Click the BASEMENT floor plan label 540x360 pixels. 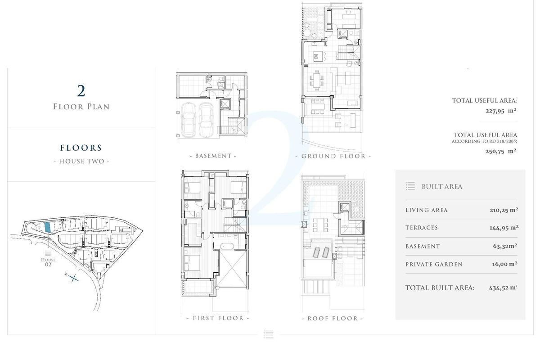213,156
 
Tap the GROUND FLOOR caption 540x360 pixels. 333,156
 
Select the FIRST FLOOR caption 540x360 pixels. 218,318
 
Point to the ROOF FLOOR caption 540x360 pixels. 333,318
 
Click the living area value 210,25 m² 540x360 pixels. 504,210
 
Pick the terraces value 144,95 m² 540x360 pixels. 504,228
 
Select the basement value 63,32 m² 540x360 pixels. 505,246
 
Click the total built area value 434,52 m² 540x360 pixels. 503,288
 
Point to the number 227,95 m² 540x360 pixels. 500,110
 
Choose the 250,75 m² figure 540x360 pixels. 500,151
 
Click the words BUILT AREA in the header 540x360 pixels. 441,187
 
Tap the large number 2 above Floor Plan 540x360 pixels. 81,91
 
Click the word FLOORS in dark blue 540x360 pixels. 81,148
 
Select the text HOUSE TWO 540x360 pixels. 81,161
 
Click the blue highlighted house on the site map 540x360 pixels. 48,227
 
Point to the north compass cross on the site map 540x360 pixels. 73,278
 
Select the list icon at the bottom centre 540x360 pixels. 268,333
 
